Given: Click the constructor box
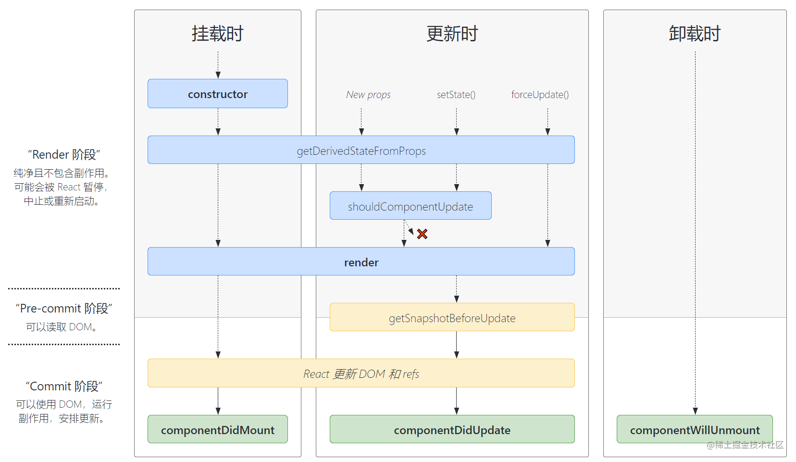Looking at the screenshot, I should [x=217, y=94].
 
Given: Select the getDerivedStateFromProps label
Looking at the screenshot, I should [x=361, y=151].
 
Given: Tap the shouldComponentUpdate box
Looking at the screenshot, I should [x=410, y=206].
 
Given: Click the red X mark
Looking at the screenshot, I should [x=422, y=234].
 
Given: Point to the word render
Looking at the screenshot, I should [x=361, y=262].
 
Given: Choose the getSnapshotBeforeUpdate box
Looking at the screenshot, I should [x=452, y=318].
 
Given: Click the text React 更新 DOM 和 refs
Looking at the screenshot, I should [x=361, y=374].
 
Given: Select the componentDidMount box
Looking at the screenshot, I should [x=217, y=430].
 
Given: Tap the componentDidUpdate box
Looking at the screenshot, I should [x=452, y=430].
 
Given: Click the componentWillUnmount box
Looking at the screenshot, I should [x=695, y=430].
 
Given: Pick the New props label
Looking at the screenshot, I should [x=368, y=95].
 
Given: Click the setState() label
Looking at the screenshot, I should [x=456, y=95].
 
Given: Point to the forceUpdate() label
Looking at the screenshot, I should [x=540, y=95].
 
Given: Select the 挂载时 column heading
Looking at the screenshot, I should [x=217, y=34].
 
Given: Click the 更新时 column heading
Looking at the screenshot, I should [x=452, y=34].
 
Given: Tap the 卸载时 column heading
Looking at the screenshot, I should [x=695, y=34].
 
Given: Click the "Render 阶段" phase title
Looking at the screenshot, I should [x=64, y=155].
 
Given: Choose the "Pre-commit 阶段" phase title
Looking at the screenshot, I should [x=64, y=309].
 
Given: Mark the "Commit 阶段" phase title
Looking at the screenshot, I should [x=64, y=387].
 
